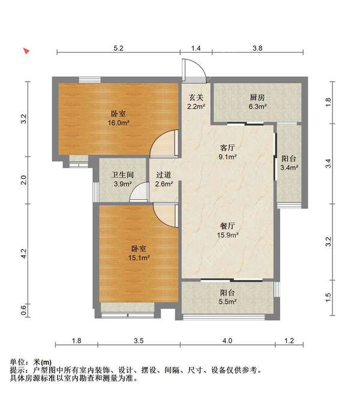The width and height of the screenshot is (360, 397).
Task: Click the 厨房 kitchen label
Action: tap(257, 97)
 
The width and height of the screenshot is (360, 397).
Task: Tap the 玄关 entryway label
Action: tap(196, 98)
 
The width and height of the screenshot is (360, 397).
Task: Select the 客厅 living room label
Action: tap(227, 146)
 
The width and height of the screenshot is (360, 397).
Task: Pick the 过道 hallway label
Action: tap(164, 175)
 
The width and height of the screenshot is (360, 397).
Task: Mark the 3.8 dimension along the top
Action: tap(257, 47)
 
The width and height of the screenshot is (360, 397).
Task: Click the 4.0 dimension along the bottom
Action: tap(227, 341)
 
